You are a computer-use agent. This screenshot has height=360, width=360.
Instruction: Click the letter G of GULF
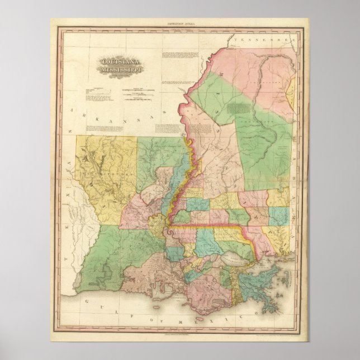[86, 302]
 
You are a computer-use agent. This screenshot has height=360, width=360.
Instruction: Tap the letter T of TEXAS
[65, 259]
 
